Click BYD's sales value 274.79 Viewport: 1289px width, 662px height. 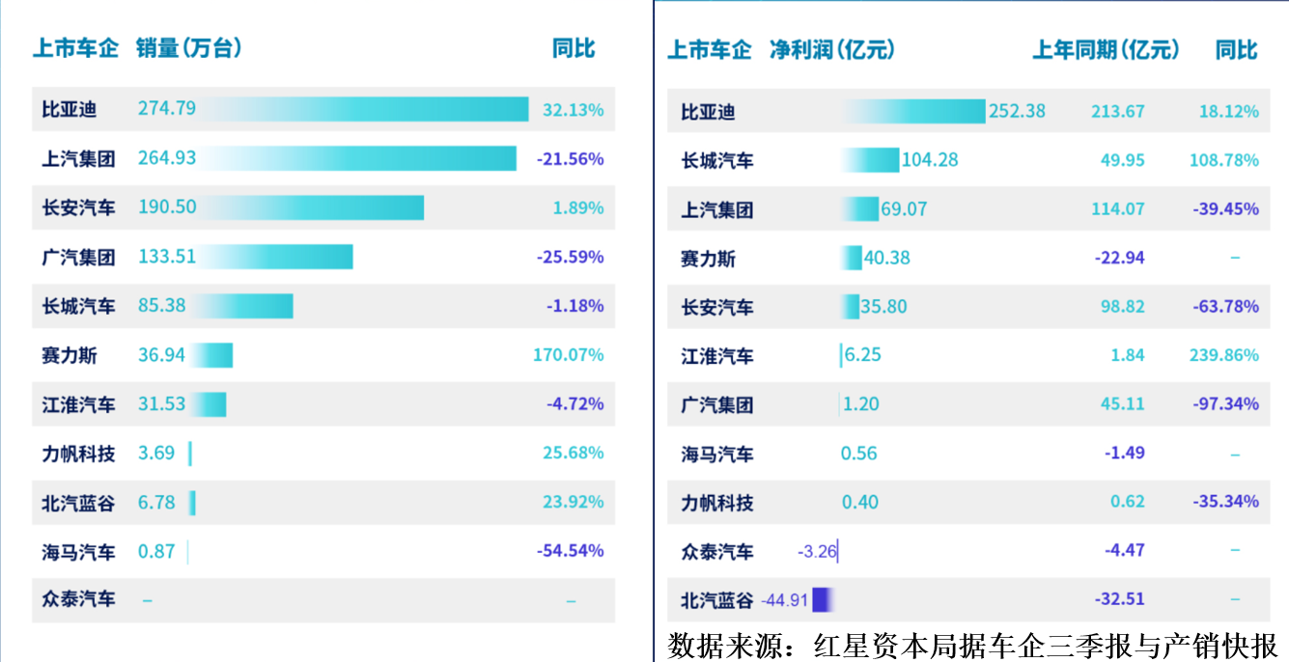coord(167,108)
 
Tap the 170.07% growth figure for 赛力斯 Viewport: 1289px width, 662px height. coord(568,355)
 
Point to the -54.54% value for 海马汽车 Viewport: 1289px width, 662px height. coord(570,551)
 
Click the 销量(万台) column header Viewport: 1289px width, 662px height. coord(188,47)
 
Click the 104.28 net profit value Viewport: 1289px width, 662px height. coord(930,159)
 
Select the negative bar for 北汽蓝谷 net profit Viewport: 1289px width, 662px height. coord(822,599)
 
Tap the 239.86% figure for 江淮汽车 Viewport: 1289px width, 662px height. coord(1223,355)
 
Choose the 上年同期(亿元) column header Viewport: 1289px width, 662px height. coord(1107,49)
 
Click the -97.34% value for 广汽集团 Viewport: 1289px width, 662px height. coord(1226,404)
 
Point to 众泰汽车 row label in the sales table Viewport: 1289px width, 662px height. coord(78,599)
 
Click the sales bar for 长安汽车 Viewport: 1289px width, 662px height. coord(319,207)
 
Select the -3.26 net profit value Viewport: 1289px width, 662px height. coord(817,552)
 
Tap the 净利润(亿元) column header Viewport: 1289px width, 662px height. coord(831,49)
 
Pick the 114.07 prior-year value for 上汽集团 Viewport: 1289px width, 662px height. coord(1118,209)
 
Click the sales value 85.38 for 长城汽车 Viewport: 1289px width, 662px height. coord(162,306)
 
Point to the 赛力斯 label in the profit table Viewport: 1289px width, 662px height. coord(708,259)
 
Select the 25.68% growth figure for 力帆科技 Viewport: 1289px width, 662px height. coord(573,453)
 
